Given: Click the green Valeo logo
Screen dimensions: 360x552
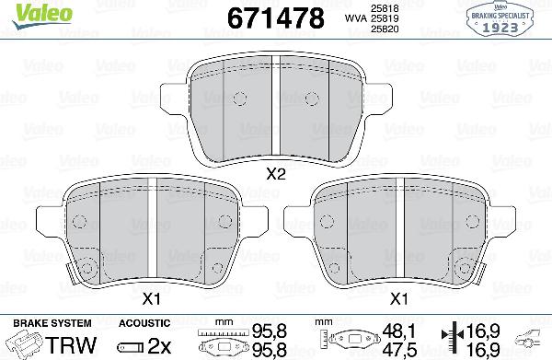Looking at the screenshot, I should click(26, 12).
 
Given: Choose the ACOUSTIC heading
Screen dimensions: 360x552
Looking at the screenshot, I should click(144, 322).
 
